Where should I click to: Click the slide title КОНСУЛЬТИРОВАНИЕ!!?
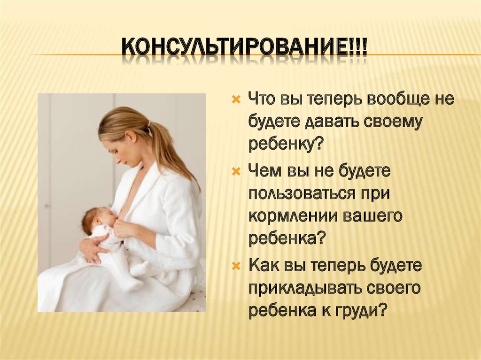[x=244, y=49]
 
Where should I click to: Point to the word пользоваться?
[x=300, y=194]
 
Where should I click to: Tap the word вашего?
[x=374, y=216]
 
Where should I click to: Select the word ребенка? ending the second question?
[x=287, y=238]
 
